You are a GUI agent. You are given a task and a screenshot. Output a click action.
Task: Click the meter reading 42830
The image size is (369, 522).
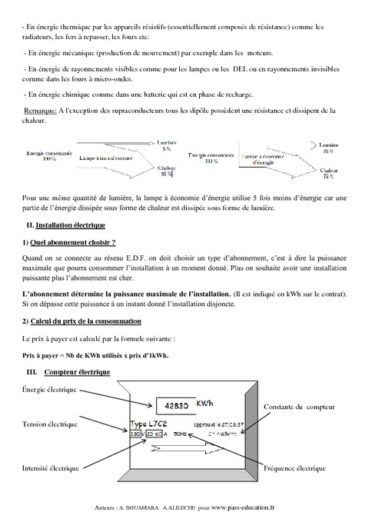[x=171, y=406]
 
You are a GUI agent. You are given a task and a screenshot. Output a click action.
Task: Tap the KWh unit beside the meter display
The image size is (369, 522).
[x=205, y=403]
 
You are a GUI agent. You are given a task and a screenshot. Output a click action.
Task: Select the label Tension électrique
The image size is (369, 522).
[x=51, y=424]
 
